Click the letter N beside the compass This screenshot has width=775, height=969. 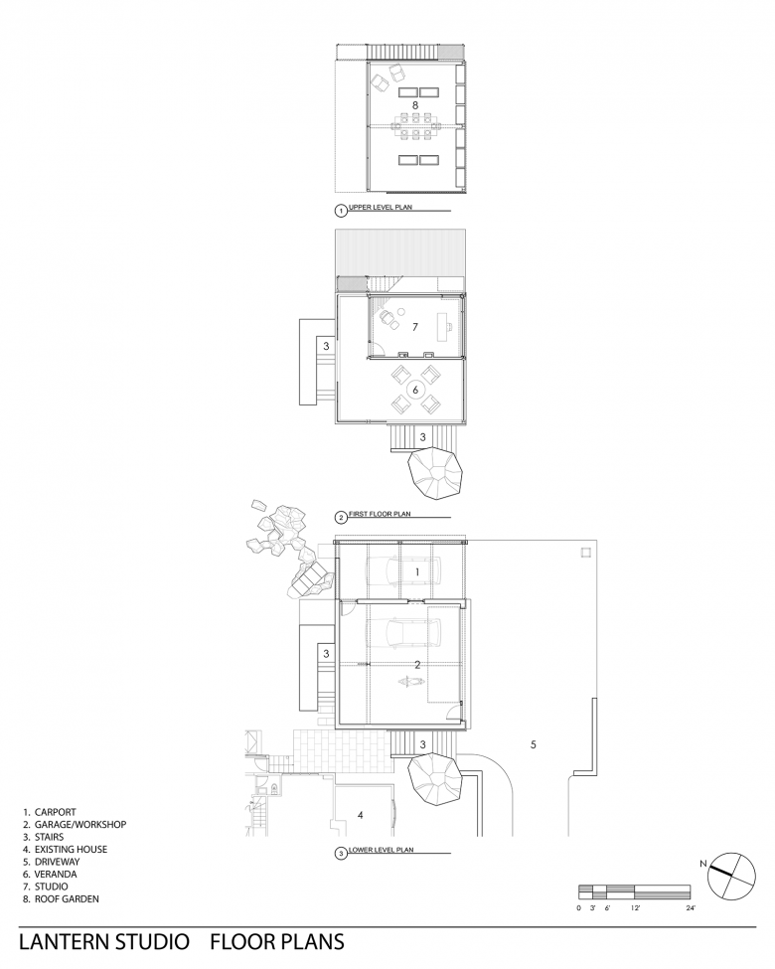click(702, 864)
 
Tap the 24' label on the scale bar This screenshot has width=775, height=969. click(691, 907)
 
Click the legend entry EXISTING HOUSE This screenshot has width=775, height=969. click(71, 849)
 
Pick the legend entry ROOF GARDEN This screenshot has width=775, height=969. click(67, 898)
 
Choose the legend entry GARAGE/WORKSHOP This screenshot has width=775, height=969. click(80, 824)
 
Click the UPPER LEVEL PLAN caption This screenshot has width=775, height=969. click(381, 208)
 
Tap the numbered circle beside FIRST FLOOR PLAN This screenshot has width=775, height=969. click(341, 518)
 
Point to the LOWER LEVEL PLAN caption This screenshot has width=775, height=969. click(381, 850)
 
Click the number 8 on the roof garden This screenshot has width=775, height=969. click(415, 105)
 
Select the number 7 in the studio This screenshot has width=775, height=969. click(414, 326)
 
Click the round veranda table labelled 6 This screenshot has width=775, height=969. click(416, 390)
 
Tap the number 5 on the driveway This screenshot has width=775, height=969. click(534, 744)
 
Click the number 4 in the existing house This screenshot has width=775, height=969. click(361, 815)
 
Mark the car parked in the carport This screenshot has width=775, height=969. click(404, 572)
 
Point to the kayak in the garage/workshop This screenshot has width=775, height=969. click(411, 682)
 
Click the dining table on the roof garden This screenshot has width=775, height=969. click(415, 127)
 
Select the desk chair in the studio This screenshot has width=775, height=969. click(388, 319)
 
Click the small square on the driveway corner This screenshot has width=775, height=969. click(584, 552)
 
